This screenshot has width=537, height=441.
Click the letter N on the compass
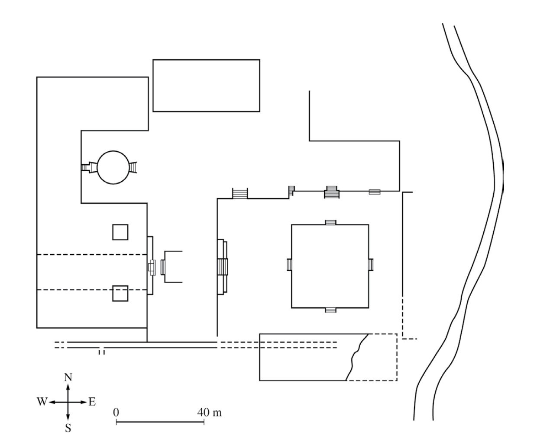(68, 378)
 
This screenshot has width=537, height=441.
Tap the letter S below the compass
(68, 428)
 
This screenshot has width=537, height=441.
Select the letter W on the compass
(42, 402)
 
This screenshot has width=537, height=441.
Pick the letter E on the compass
(92, 402)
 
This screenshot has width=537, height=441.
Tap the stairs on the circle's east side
(133, 167)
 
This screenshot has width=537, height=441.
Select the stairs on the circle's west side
(89, 167)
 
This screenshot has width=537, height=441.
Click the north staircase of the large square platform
(330, 222)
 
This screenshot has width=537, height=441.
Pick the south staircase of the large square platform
(330, 310)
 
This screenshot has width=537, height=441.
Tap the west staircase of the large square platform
(289, 265)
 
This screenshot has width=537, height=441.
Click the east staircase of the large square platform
(371, 265)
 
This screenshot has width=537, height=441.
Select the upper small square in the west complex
(120, 232)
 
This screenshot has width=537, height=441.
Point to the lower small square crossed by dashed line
(120, 293)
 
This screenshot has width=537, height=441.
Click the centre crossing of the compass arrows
(68, 402)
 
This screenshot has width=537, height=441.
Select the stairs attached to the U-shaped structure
(163, 267)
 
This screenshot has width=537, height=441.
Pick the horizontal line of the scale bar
(160, 422)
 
